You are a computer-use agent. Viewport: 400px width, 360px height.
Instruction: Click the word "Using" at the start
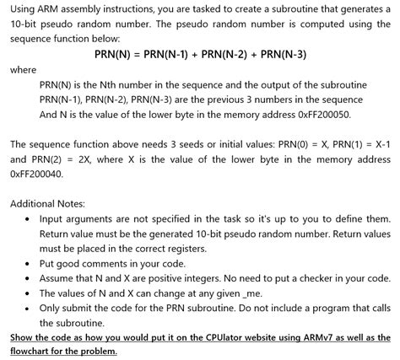[x=25, y=8]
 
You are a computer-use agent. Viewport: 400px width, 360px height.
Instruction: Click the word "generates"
[x=364, y=8]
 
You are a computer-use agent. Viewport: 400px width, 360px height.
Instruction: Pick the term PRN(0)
[x=272, y=144]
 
